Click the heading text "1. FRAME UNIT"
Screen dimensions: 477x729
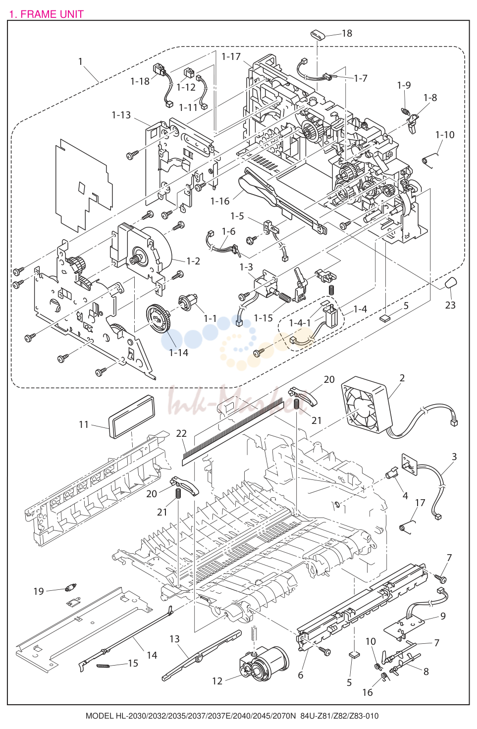coord(47,14)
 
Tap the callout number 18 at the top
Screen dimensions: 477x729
coord(347,33)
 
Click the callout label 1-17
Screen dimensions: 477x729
coord(231,56)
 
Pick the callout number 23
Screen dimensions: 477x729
coord(450,305)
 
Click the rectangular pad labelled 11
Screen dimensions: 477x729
coord(131,417)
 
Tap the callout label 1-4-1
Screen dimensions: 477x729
coord(300,323)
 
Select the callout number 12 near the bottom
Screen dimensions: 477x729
coord(217,681)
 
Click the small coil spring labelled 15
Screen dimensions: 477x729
coord(103,666)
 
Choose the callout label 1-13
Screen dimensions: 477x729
coord(121,115)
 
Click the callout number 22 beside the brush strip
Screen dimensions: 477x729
coord(181,433)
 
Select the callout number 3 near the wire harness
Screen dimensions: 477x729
coord(454,456)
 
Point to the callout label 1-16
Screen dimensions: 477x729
coord(220,201)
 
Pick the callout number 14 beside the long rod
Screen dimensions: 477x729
coord(152,655)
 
